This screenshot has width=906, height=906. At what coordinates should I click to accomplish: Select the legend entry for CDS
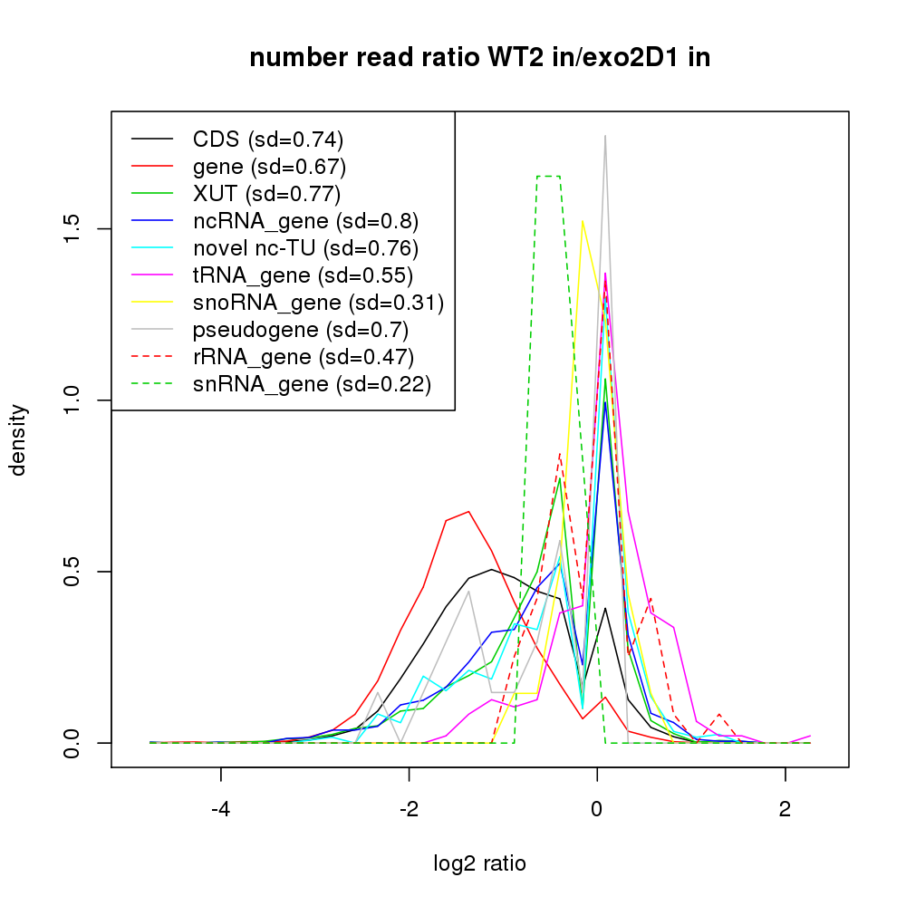pyautogui.click(x=268, y=140)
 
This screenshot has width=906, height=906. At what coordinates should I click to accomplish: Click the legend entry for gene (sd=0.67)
pyautogui.click(x=269, y=167)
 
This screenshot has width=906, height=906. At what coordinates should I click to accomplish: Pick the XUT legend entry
pyautogui.click(x=266, y=194)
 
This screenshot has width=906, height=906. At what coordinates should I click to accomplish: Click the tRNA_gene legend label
pyautogui.click(x=303, y=275)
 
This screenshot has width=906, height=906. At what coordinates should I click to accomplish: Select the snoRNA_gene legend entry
pyautogui.click(x=318, y=303)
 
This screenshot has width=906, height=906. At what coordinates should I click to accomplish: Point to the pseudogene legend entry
pyautogui.click(x=300, y=330)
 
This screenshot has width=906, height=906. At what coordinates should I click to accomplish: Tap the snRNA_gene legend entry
pyautogui.click(x=312, y=384)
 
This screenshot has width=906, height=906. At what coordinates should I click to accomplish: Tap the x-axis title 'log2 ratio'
pyautogui.click(x=480, y=863)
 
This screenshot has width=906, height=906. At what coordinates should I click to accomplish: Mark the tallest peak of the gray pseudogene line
pyautogui.click(x=604, y=136)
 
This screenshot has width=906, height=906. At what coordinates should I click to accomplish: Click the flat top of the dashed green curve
pyautogui.click(x=548, y=176)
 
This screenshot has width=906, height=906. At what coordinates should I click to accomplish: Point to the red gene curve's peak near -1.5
pyautogui.click(x=467, y=512)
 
